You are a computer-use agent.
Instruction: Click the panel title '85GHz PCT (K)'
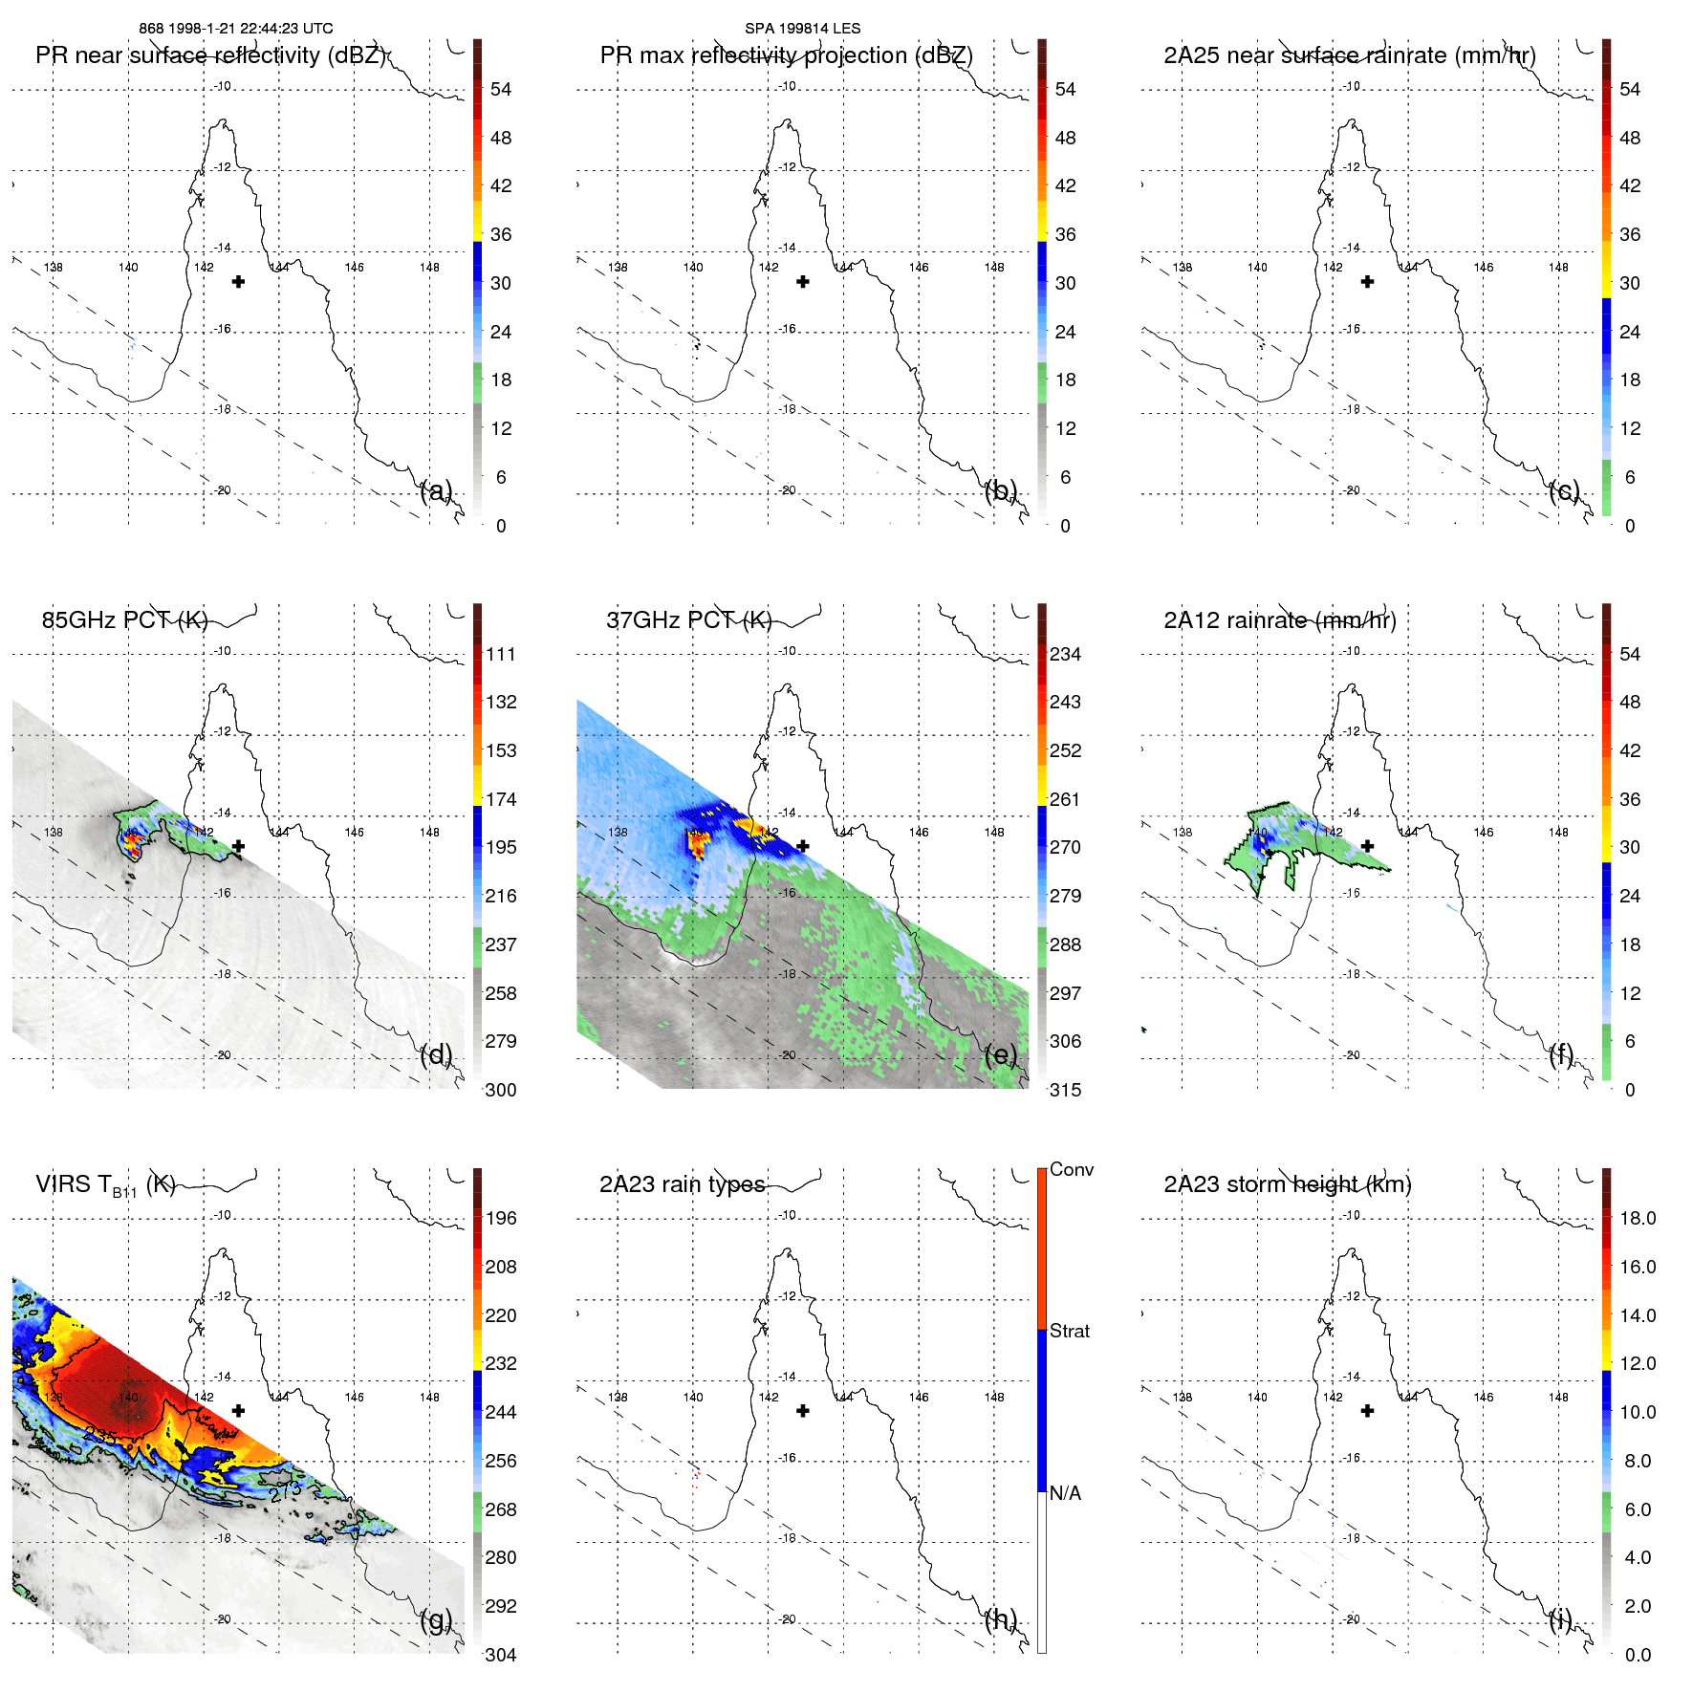point(124,620)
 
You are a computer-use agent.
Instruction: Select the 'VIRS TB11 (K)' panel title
point(105,1185)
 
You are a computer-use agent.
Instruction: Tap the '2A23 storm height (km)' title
point(1287,1184)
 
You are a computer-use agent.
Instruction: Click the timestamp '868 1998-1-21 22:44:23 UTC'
point(236,29)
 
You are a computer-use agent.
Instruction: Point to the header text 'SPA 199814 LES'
point(802,29)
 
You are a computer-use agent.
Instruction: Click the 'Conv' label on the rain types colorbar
point(1071,1169)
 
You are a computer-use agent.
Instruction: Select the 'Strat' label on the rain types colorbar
point(1069,1331)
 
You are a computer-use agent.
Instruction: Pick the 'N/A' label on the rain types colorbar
point(1065,1493)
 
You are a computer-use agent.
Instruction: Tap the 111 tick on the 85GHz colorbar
point(501,654)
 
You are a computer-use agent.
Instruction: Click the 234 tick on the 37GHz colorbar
point(1065,654)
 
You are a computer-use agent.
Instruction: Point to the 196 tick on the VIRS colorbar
point(501,1218)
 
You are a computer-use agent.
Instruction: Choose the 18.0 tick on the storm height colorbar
point(1637,1218)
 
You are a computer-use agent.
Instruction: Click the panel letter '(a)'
point(436,491)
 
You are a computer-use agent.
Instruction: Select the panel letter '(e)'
point(1000,1055)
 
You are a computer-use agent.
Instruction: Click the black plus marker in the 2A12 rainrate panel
point(1367,846)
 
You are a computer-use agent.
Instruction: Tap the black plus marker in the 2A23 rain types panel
point(803,1410)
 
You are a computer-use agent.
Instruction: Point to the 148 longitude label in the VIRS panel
point(429,1397)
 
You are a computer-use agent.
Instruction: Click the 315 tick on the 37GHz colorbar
point(1065,1090)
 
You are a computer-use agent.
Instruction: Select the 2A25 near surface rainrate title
point(1350,55)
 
